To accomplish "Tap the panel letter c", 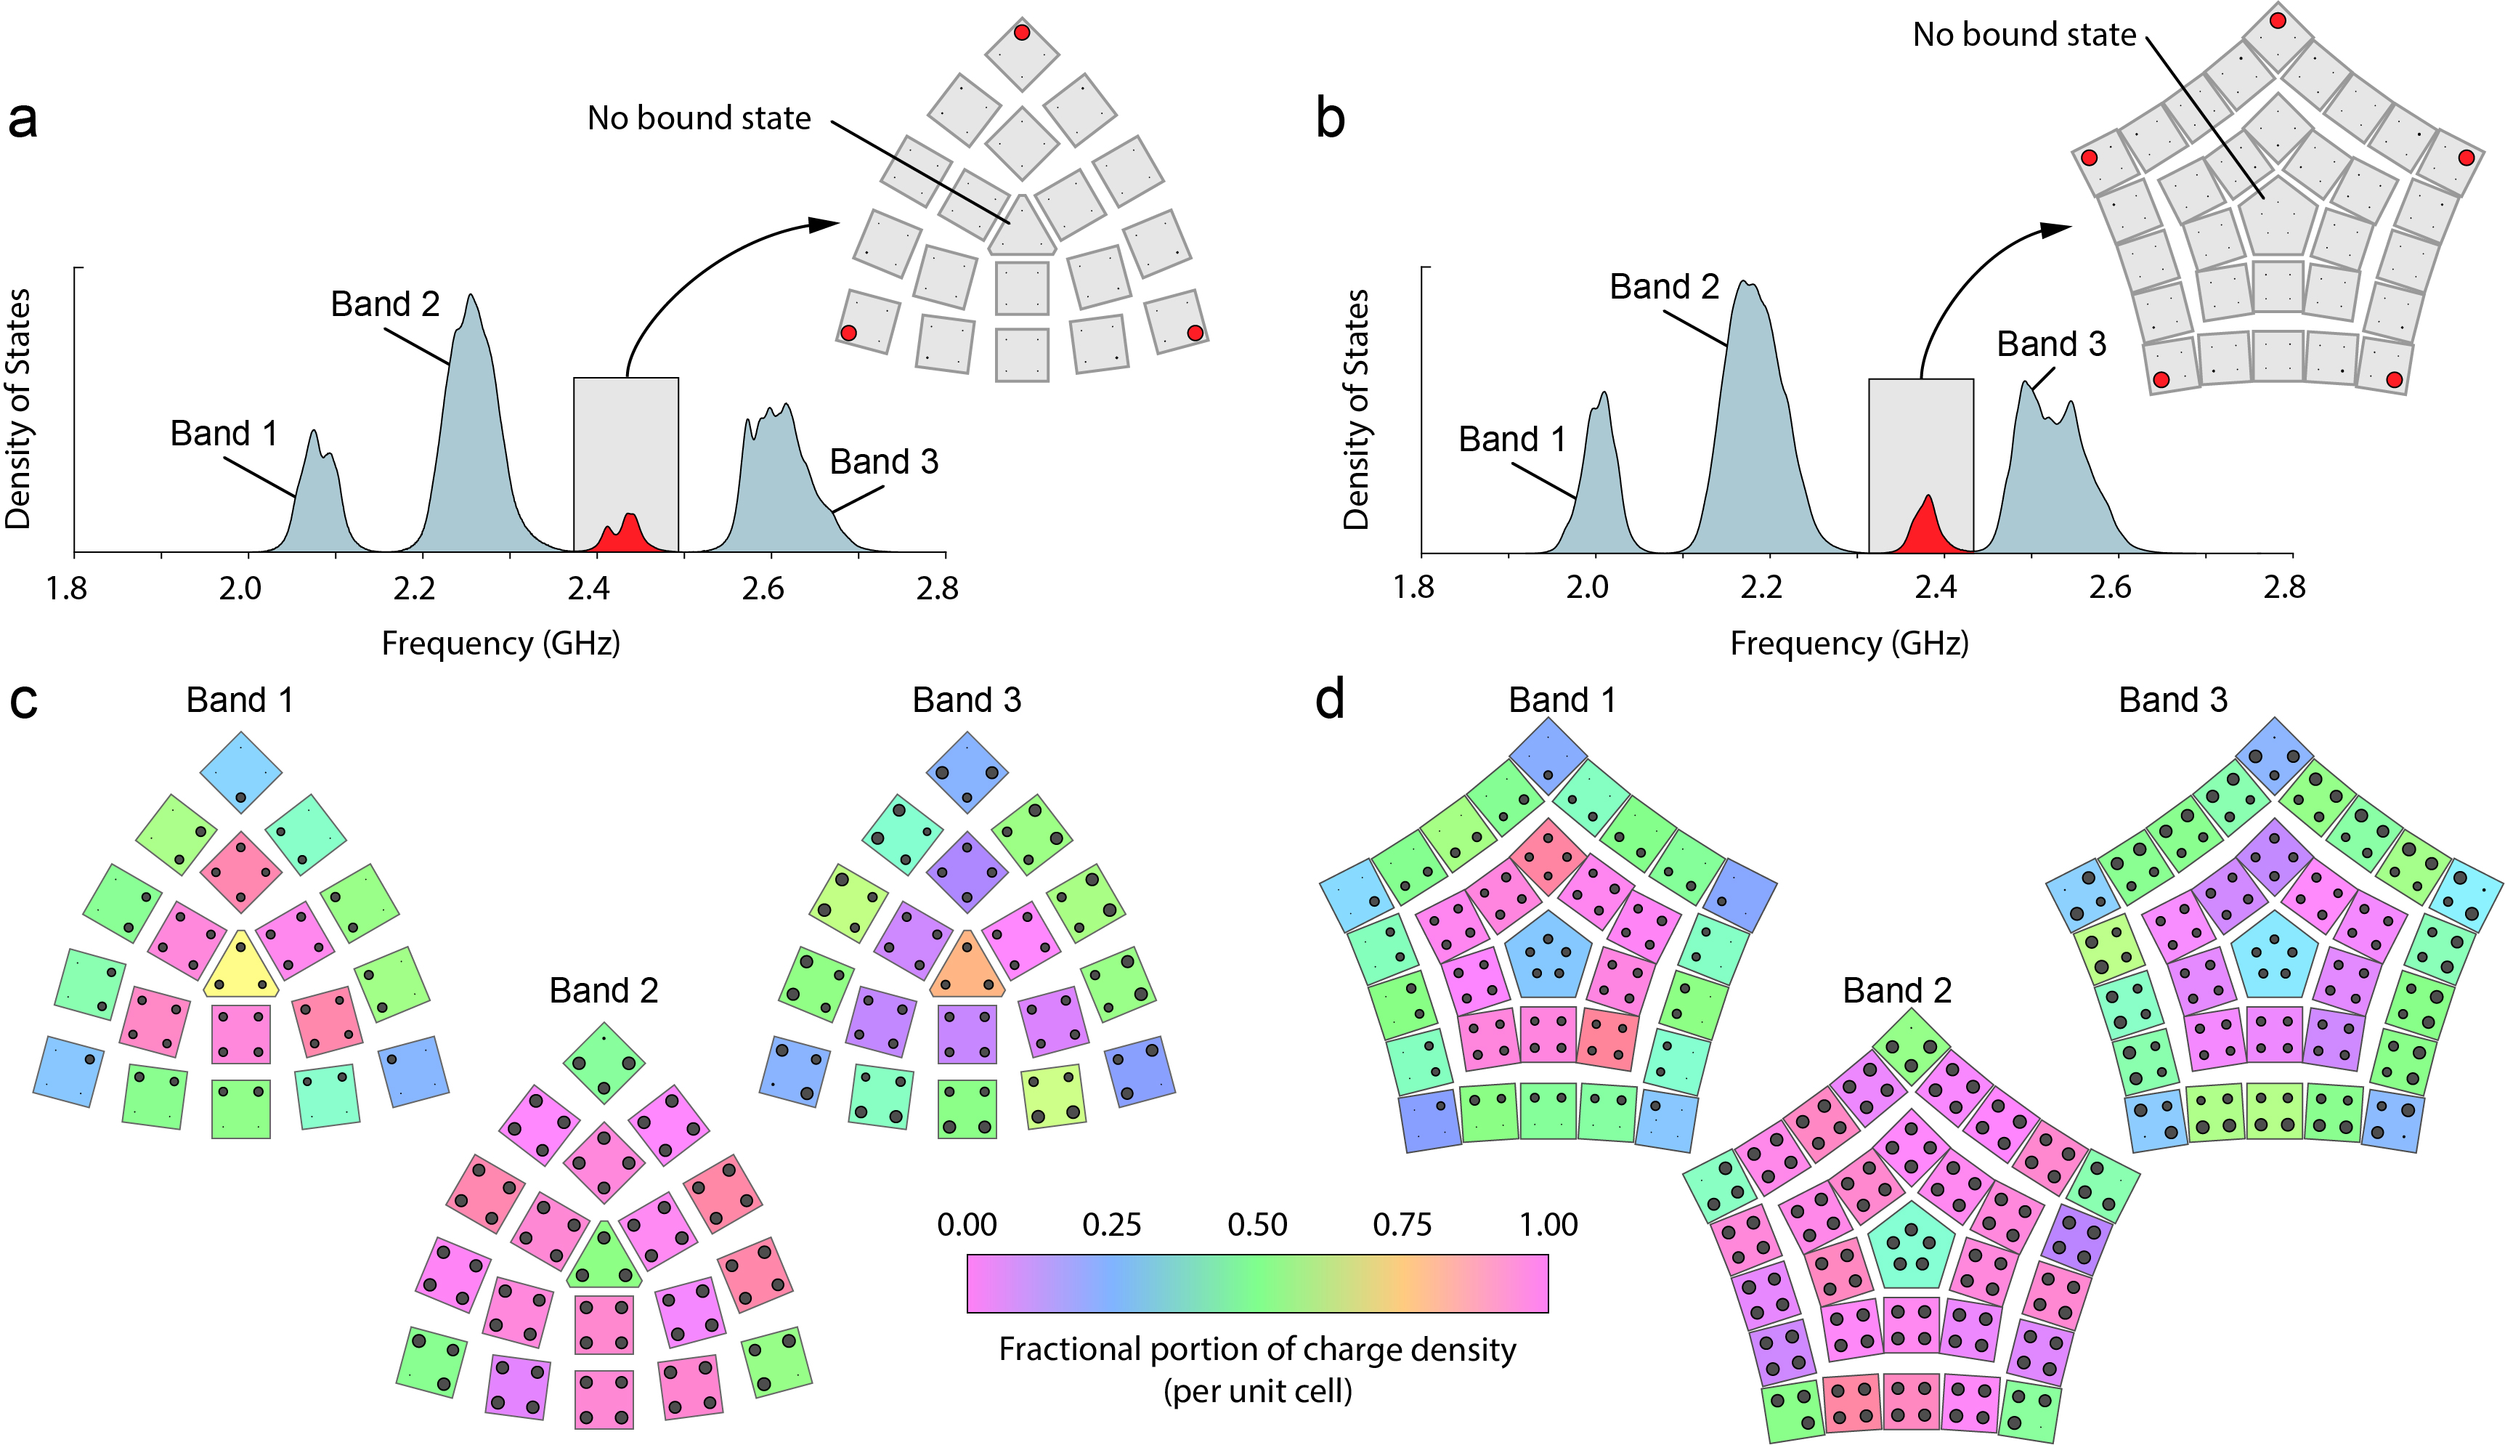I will (x=23, y=700).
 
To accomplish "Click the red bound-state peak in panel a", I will (x=626, y=536).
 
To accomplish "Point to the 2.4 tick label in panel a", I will (x=588, y=589).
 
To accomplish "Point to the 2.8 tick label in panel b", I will (x=2283, y=588).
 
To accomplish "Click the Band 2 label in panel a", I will (x=385, y=304).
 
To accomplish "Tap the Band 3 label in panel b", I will (x=2050, y=344).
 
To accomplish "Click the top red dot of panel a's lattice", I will (x=1022, y=33).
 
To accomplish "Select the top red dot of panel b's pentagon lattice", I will (x=2278, y=20).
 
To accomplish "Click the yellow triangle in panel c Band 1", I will (x=241, y=968).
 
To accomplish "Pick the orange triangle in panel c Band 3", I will (x=967, y=968).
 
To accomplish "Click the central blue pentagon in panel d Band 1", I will (x=1548, y=955).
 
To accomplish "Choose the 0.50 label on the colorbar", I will (x=1257, y=1225).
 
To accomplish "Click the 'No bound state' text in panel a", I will (x=699, y=118).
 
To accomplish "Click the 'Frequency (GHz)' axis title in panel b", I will (x=1848, y=644).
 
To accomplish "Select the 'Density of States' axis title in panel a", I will (x=20, y=409).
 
